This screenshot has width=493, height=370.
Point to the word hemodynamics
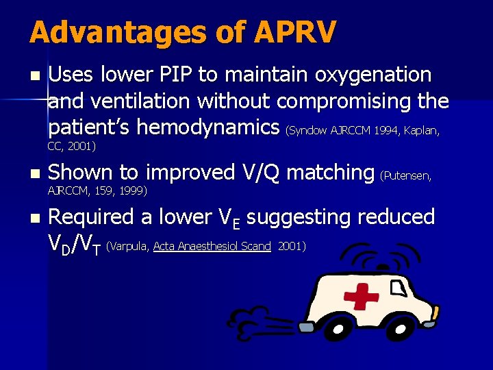pyautogui.click(x=209, y=127)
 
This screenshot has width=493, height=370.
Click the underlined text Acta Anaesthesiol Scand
pyautogui.click(x=212, y=246)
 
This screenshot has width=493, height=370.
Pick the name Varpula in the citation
pyautogui.click(x=129, y=246)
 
